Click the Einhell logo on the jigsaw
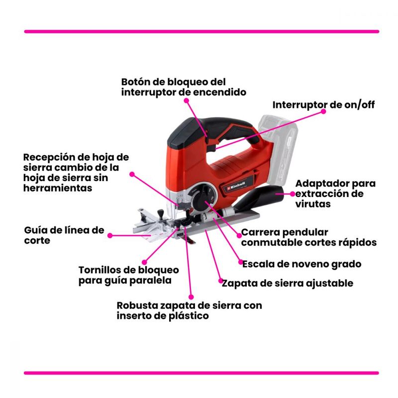click(235, 186)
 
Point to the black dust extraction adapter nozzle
click(262, 198)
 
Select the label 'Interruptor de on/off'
click(323, 105)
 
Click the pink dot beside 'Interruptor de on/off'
click(323, 111)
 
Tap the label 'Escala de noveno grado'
click(302, 264)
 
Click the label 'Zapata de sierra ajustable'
click(288, 283)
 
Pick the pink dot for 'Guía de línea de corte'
click(110, 235)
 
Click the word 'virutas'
click(313, 204)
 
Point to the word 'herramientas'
click(58, 188)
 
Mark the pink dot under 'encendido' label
click(186, 100)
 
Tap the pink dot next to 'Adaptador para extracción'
click(293, 194)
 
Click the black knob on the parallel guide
click(160, 213)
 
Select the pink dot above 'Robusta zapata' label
click(191, 297)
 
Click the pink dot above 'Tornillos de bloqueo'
click(144, 262)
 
